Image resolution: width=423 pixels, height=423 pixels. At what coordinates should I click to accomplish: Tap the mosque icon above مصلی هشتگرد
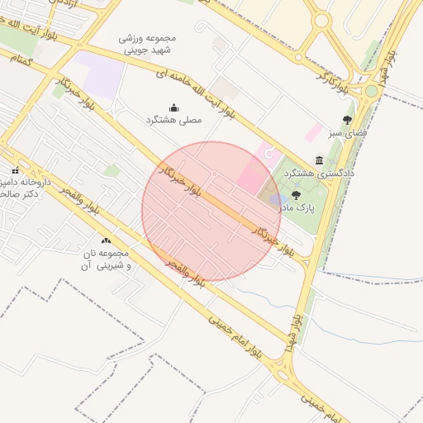click(x=174, y=107)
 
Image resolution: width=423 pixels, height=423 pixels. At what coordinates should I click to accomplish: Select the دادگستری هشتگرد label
click(x=320, y=173)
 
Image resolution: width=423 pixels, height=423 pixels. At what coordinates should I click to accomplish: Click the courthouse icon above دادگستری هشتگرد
click(x=319, y=160)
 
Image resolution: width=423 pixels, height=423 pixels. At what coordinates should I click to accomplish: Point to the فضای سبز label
click(x=347, y=132)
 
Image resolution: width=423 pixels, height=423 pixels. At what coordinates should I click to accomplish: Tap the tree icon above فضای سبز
click(x=347, y=120)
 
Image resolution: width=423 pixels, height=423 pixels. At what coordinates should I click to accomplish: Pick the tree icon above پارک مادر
click(x=296, y=195)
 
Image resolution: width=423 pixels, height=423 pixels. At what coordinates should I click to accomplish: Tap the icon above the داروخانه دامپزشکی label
click(x=15, y=170)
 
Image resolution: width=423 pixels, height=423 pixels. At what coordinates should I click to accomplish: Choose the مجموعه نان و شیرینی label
click(x=107, y=259)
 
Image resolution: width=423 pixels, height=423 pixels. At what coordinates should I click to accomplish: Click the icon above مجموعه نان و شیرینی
click(x=106, y=240)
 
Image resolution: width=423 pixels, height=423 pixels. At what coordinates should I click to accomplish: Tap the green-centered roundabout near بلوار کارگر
click(x=372, y=90)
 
